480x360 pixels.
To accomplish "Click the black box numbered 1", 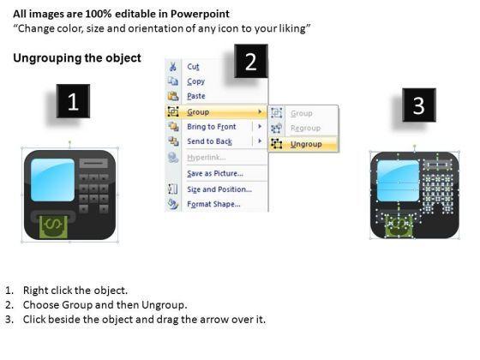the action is click(73, 101).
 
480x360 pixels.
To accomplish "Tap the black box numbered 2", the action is click(251, 61).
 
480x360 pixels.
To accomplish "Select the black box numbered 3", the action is click(419, 105).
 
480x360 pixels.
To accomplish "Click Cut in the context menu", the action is click(193, 67).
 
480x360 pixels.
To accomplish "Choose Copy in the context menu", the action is click(196, 81).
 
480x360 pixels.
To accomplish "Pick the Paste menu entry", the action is click(196, 96).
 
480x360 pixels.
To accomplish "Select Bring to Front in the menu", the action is click(212, 127).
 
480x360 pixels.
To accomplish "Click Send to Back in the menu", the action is click(210, 141).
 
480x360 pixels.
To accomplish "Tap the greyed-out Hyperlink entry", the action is click(207, 158).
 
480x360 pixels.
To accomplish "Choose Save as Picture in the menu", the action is click(215, 173).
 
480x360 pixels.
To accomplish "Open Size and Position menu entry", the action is click(219, 189).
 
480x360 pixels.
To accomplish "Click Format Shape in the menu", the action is click(213, 204).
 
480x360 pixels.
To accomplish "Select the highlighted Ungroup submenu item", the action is click(306, 144).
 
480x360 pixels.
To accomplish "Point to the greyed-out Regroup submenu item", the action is click(305, 129).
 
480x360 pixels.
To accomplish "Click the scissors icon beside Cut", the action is click(173, 67).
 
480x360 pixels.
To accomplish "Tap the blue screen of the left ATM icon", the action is click(52, 180).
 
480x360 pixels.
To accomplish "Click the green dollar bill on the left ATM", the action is click(53, 227).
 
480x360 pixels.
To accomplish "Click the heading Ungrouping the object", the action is click(77, 58).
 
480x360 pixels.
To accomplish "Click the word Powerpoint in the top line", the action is click(200, 14).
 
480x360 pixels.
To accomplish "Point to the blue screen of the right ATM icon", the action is click(398, 181).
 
